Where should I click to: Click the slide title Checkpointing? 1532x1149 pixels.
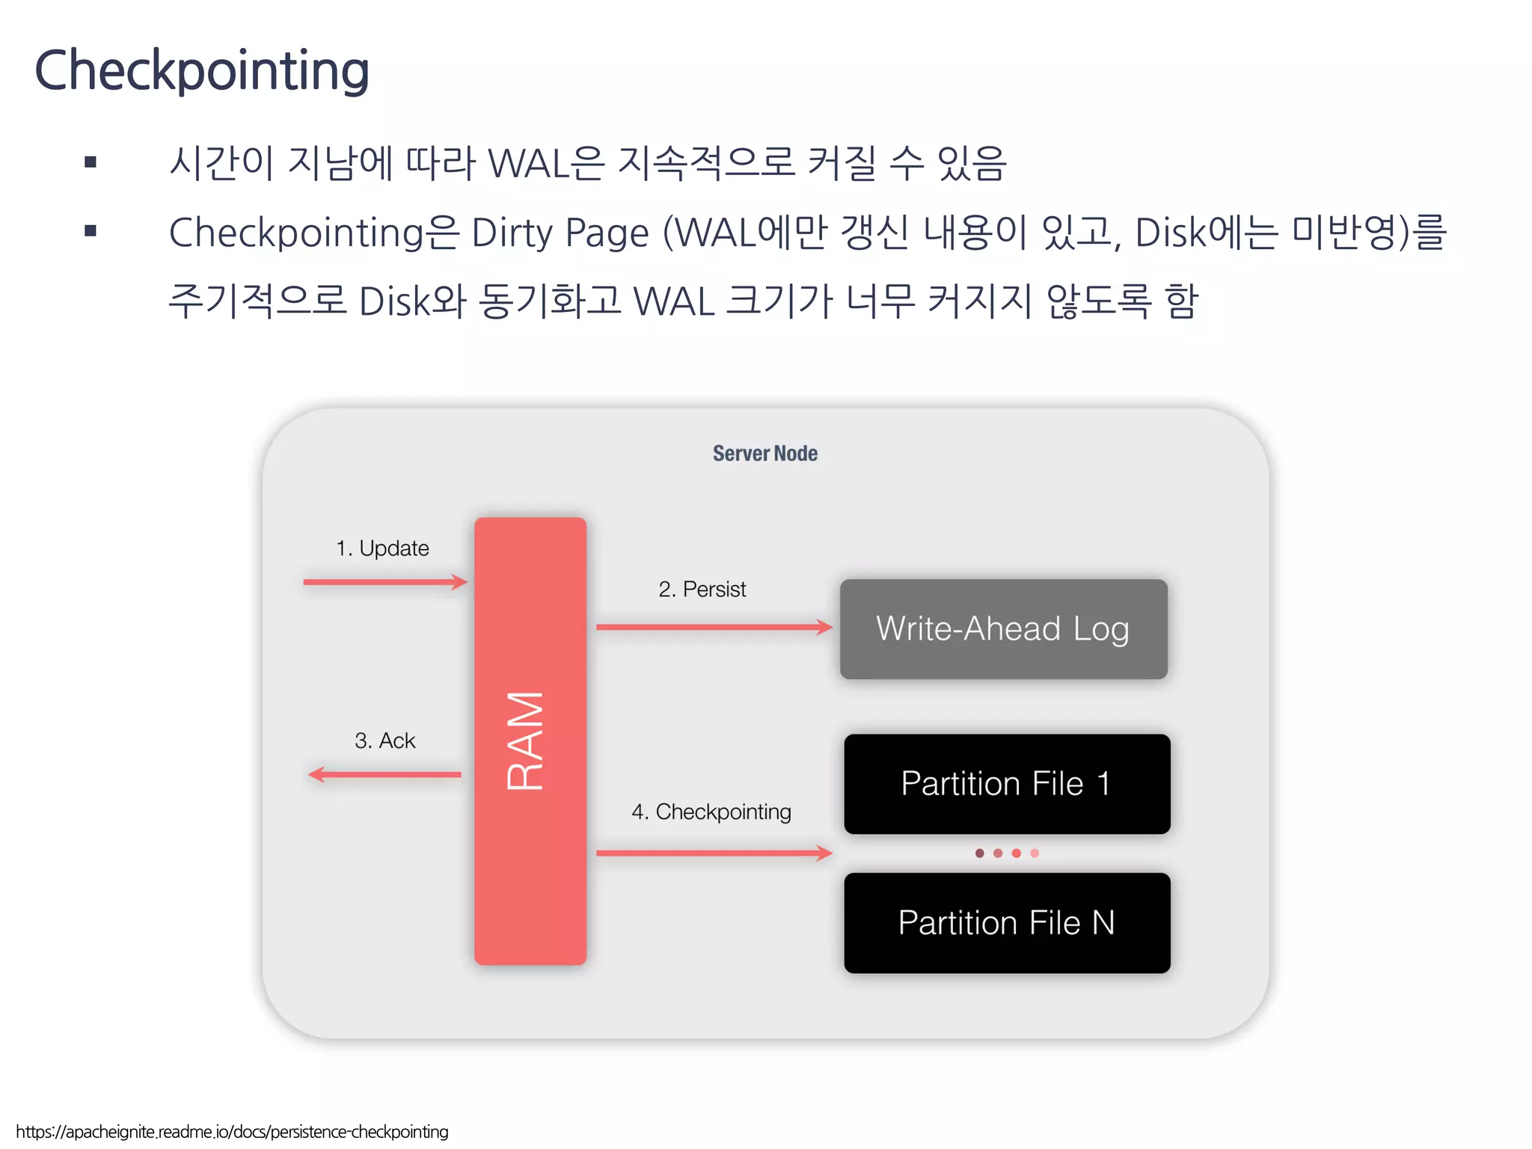point(202,70)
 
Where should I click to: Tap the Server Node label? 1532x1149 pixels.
point(765,453)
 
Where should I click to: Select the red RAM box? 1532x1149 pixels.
point(530,741)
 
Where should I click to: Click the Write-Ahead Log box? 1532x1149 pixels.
point(1003,629)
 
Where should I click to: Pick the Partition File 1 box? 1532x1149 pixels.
point(1006,784)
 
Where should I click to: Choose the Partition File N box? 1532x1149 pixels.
point(1006,923)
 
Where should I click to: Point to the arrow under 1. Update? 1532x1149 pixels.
point(385,582)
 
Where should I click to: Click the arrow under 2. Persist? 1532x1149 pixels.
point(714,627)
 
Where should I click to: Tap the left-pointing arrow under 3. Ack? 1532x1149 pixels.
point(385,774)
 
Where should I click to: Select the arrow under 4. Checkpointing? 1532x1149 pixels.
point(714,853)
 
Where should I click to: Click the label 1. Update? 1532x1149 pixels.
point(382,548)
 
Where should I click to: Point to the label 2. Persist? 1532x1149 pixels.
point(702,589)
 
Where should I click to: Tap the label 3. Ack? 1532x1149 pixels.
point(384,741)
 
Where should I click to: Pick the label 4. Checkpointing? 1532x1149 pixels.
point(711,812)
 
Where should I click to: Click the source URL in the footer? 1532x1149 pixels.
point(232,1132)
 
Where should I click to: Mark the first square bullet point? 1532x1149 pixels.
point(91,162)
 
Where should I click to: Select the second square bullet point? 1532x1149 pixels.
point(91,231)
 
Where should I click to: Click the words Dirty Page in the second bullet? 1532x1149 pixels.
point(560,233)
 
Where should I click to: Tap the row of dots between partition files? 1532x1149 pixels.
point(1007,853)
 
